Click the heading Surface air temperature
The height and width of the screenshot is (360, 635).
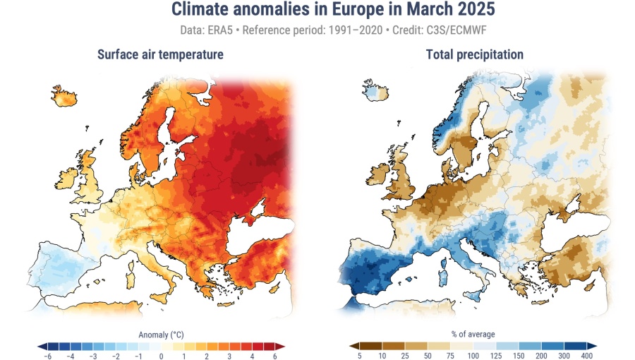coord(160,54)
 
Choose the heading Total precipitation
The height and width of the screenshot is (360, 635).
coord(475,54)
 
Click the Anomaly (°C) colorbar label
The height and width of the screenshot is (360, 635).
coord(162,334)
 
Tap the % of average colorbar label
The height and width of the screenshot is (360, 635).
coord(473,334)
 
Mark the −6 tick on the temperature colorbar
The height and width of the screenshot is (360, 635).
coord(48,356)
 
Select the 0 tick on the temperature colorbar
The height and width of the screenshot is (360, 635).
coord(162,356)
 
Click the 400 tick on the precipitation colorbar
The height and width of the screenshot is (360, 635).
coord(587,356)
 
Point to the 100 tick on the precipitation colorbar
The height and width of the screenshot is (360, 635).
coord(473,356)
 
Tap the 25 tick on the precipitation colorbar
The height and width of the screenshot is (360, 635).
coord(404,356)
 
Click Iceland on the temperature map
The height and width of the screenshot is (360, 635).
coord(64,96)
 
